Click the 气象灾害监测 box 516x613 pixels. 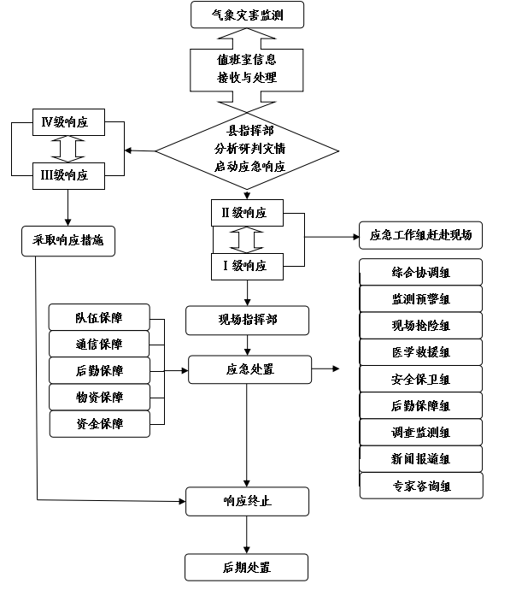(247, 15)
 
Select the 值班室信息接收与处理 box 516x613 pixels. (247, 69)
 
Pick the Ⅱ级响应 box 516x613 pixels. (247, 212)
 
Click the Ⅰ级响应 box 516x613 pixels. (247, 266)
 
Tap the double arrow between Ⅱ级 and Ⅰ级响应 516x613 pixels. (247, 239)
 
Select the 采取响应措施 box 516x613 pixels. (68, 241)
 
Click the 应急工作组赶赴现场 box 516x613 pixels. (420, 234)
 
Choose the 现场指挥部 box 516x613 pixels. (247, 321)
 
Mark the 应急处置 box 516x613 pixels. (249, 369)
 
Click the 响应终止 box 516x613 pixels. (247, 501)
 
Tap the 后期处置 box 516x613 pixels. (247, 567)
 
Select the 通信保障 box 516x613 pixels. (99, 345)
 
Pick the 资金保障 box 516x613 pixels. (99, 423)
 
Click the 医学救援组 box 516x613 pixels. (420, 352)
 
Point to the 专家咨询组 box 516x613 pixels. (420, 486)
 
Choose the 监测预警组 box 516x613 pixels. (420, 299)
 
